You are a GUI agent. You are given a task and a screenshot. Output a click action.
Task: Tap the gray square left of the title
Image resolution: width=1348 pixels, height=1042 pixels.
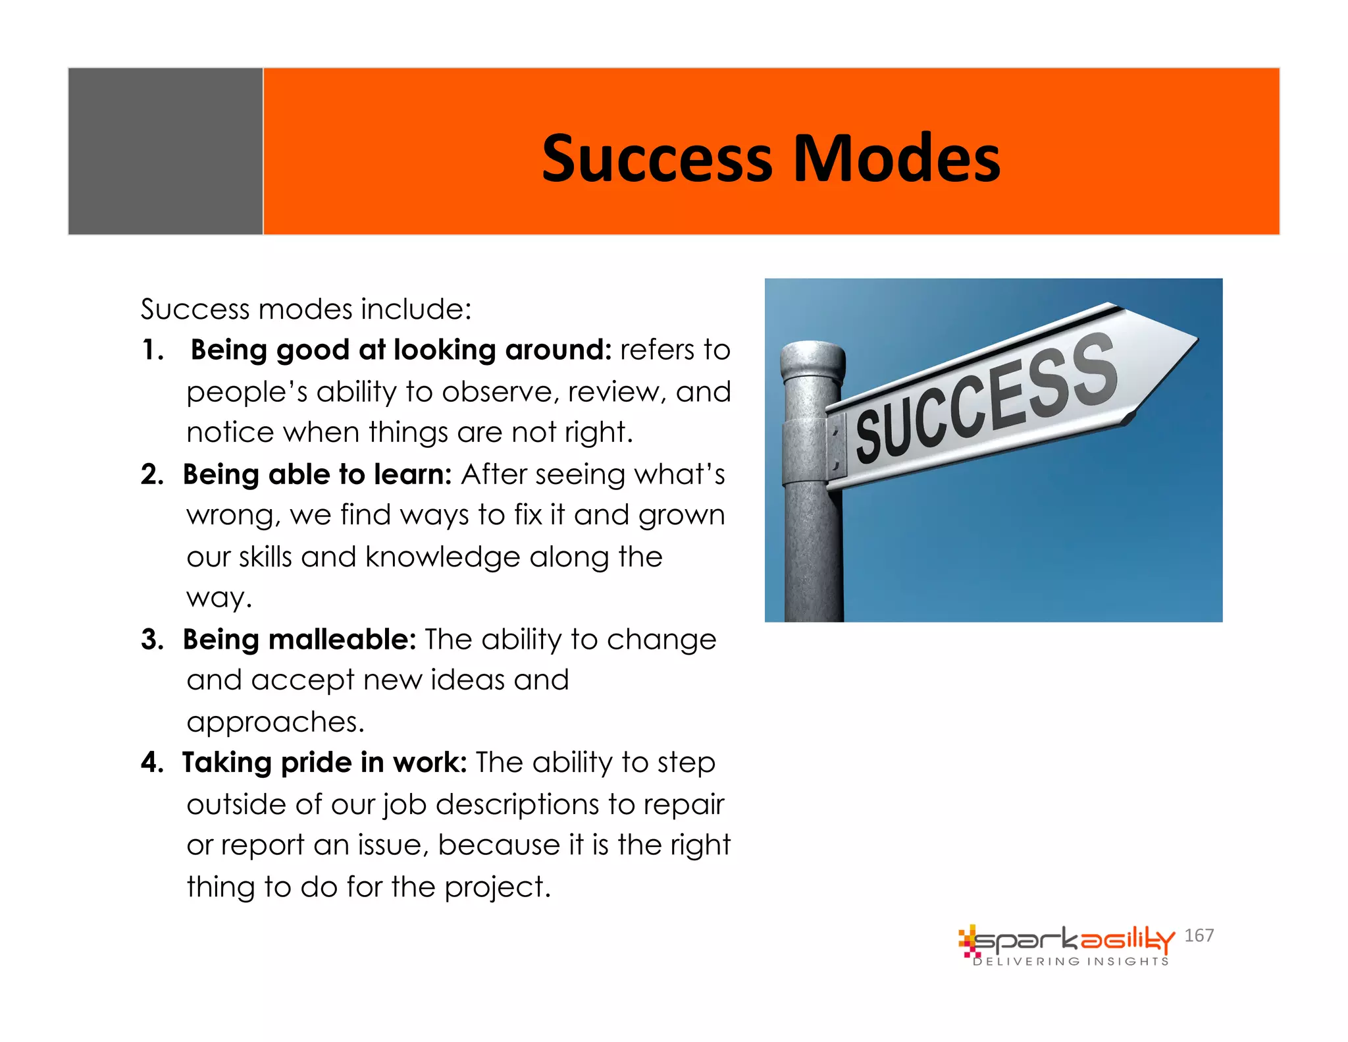165,151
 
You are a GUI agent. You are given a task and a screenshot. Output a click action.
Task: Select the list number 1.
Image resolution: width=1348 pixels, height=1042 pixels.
152,350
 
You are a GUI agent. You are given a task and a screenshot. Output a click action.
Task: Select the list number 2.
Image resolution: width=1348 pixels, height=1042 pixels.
152,474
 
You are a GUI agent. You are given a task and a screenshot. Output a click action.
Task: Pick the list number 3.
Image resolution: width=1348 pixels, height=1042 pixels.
152,640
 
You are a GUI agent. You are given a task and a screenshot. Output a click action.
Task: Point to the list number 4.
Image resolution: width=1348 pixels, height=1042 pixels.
152,763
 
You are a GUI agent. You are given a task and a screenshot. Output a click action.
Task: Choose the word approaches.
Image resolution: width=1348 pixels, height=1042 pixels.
275,723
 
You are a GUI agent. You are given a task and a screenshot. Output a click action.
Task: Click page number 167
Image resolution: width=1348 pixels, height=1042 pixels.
1199,935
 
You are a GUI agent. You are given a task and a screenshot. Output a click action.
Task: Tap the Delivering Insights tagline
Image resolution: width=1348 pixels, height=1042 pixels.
1071,962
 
